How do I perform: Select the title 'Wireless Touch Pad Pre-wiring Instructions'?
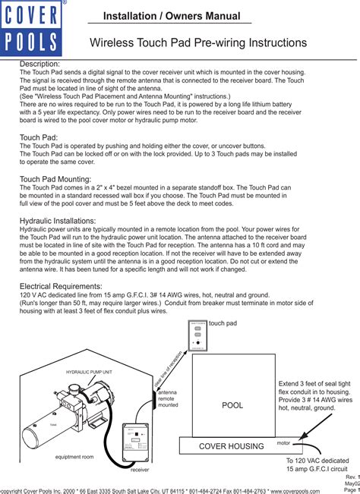click(198, 43)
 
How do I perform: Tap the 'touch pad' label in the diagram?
click(223, 323)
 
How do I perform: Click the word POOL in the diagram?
click(232, 406)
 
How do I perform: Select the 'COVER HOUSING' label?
click(230, 446)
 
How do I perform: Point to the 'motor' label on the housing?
click(283, 442)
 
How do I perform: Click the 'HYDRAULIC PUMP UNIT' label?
click(89, 373)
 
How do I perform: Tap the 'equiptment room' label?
click(74, 458)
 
